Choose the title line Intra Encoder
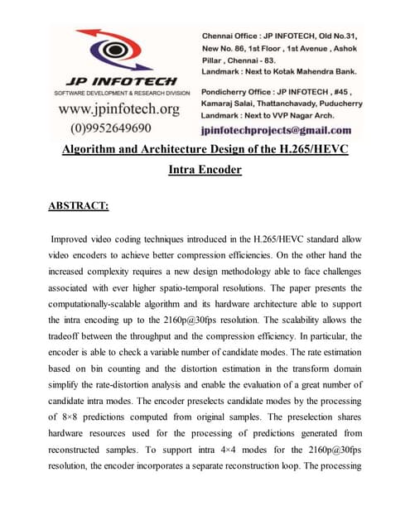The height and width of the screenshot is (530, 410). (204, 171)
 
